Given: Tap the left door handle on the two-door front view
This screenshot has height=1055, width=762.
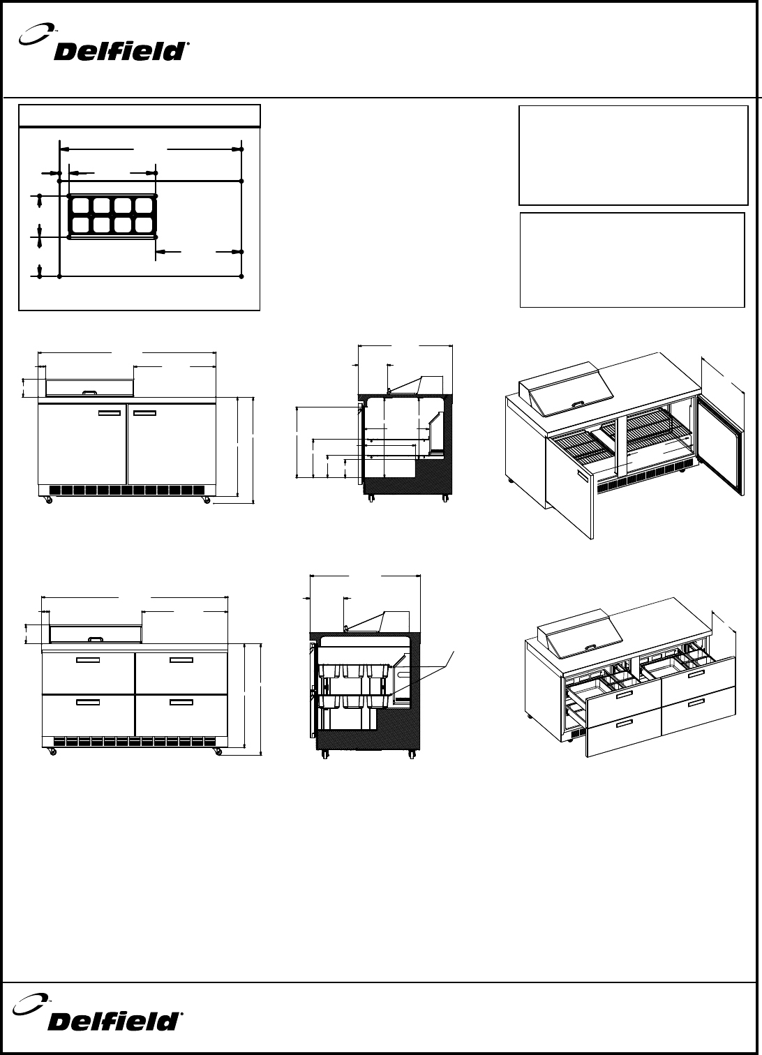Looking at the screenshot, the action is click(110, 414).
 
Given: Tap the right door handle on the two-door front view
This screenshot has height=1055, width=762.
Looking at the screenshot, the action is click(144, 414).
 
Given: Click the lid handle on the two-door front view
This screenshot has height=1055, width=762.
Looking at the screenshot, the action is click(89, 392).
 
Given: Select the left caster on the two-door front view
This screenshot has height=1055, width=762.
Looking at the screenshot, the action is click(48, 500).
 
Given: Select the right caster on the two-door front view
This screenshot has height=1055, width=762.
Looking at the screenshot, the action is click(206, 500).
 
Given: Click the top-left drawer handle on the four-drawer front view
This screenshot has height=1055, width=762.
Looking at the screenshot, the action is click(89, 659).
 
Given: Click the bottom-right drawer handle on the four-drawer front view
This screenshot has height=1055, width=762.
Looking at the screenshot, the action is click(181, 701).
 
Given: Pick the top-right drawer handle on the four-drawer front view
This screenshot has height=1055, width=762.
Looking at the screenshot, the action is click(181, 659).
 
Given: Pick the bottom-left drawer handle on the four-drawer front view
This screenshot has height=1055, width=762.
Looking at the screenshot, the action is click(89, 701).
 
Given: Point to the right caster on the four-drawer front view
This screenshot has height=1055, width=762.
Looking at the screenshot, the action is click(218, 751).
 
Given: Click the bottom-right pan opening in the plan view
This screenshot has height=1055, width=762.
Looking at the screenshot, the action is click(145, 225).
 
